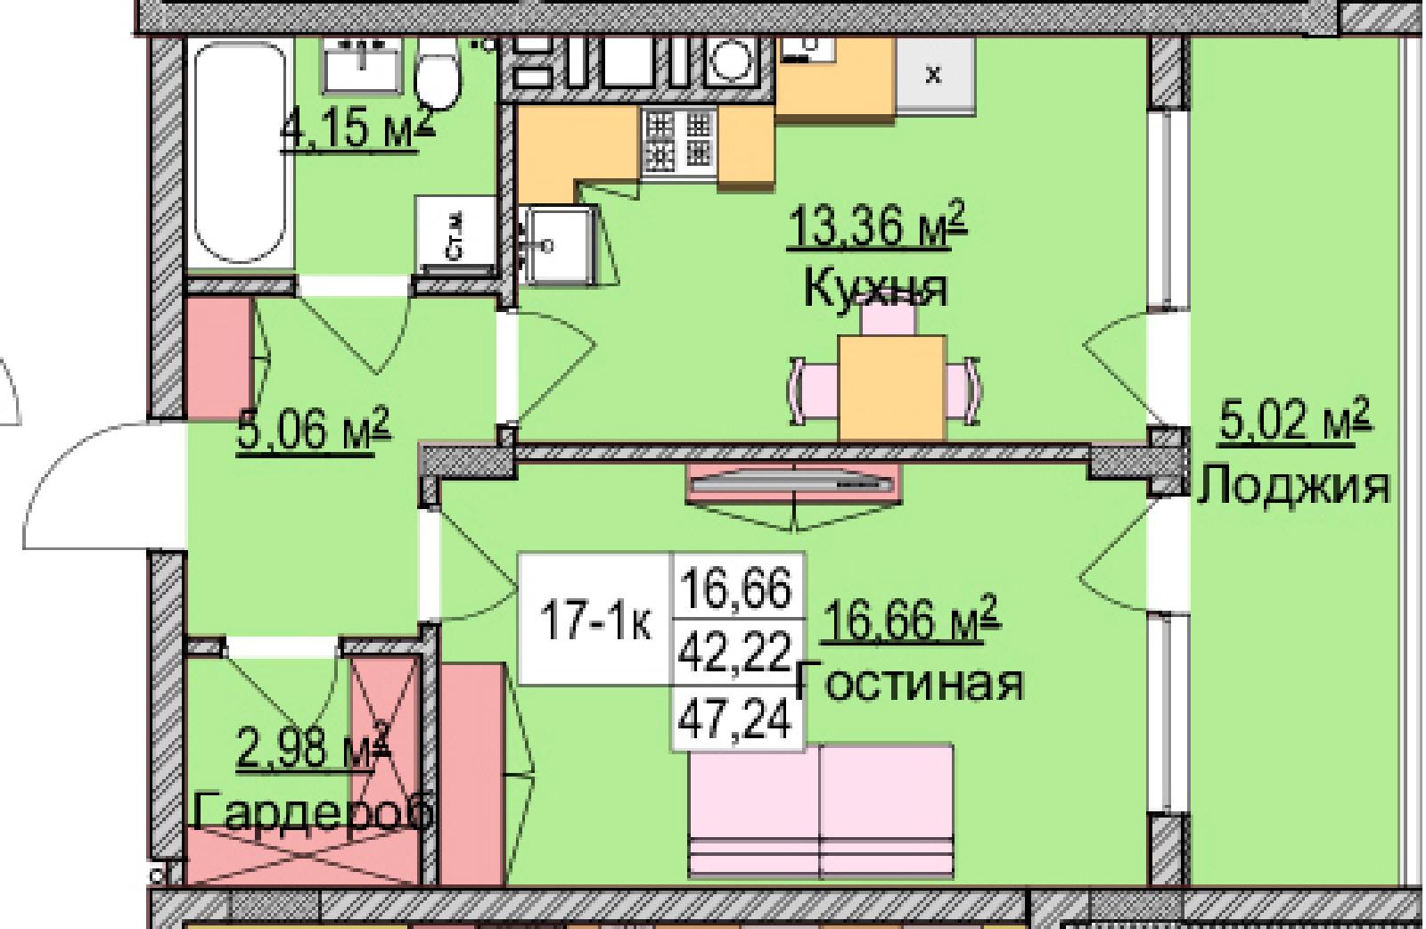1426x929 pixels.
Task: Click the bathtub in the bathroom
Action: click(239, 152)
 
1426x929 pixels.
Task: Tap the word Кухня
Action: click(875, 291)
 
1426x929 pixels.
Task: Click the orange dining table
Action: click(892, 389)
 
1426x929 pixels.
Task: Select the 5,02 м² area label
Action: click(1295, 419)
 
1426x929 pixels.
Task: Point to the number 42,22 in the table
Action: click(735, 652)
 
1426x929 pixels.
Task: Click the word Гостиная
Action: click(910, 684)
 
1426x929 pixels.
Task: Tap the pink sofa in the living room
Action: click(821, 811)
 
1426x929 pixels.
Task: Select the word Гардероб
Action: click(315, 811)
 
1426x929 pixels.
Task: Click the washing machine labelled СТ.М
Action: click(455, 235)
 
